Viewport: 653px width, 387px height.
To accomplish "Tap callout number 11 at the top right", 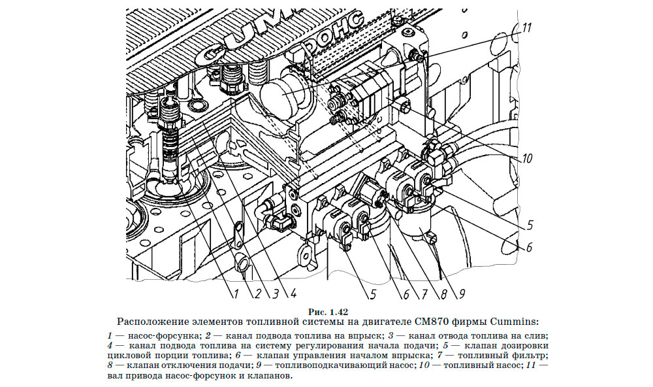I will (x=528, y=29).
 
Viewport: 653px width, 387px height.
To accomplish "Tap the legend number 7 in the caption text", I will (x=481, y=355).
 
